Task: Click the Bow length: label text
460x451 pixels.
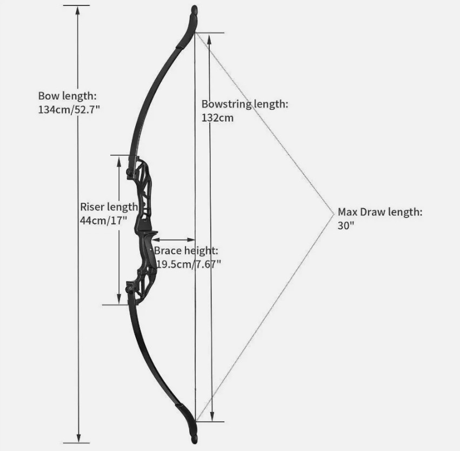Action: pyautogui.click(x=67, y=96)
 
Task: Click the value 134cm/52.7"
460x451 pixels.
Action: pyautogui.click(x=69, y=109)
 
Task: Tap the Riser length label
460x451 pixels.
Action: pyautogui.click(x=109, y=207)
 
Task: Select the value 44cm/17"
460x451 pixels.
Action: pyautogui.click(x=103, y=221)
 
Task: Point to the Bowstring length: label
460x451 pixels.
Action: pyautogui.click(x=245, y=104)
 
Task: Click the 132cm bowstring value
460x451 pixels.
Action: pyautogui.click(x=217, y=118)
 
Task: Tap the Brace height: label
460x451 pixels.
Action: pyautogui.click(x=186, y=250)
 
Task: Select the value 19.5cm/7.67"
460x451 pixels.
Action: pyautogui.click(x=188, y=264)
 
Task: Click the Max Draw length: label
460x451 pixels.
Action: pyautogui.click(x=380, y=212)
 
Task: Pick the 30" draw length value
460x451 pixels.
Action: pyautogui.click(x=346, y=225)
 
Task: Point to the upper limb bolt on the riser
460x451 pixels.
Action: pyautogui.click(x=129, y=171)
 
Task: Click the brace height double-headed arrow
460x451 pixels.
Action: pyautogui.click(x=174, y=240)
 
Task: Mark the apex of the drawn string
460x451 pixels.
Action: pyautogui.click(x=334, y=214)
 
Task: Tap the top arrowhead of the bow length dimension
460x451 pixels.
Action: pyautogui.click(x=78, y=10)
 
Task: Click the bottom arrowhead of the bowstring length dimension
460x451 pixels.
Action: pyautogui.click(x=212, y=416)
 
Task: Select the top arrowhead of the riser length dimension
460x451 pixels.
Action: pyautogui.click(x=119, y=161)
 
